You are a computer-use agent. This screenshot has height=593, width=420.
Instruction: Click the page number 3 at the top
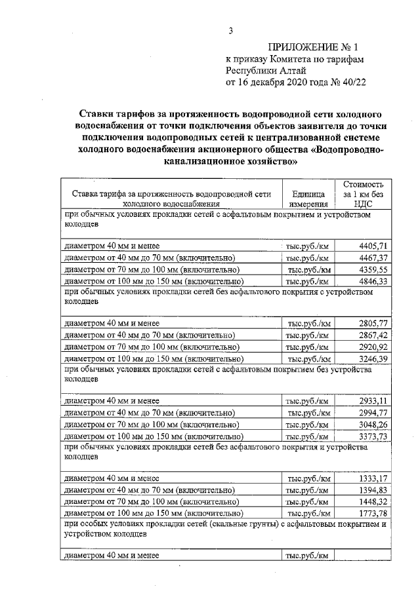(230, 30)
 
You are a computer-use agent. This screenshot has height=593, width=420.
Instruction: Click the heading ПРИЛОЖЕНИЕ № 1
(315, 47)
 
